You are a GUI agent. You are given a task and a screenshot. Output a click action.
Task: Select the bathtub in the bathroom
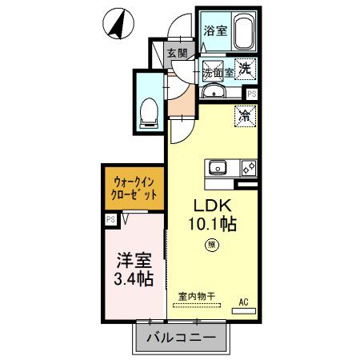(x=242, y=32)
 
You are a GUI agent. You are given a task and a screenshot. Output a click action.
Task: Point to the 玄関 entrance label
(x=177, y=53)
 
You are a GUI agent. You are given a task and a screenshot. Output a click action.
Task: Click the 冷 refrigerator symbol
(x=245, y=116)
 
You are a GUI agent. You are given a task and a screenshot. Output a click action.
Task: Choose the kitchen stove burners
(x=247, y=168)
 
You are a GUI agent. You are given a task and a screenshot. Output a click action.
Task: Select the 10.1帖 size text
(x=211, y=225)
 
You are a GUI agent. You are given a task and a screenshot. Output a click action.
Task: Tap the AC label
(x=245, y=302)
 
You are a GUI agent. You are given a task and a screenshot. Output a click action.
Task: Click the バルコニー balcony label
(x=180, y=338)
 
